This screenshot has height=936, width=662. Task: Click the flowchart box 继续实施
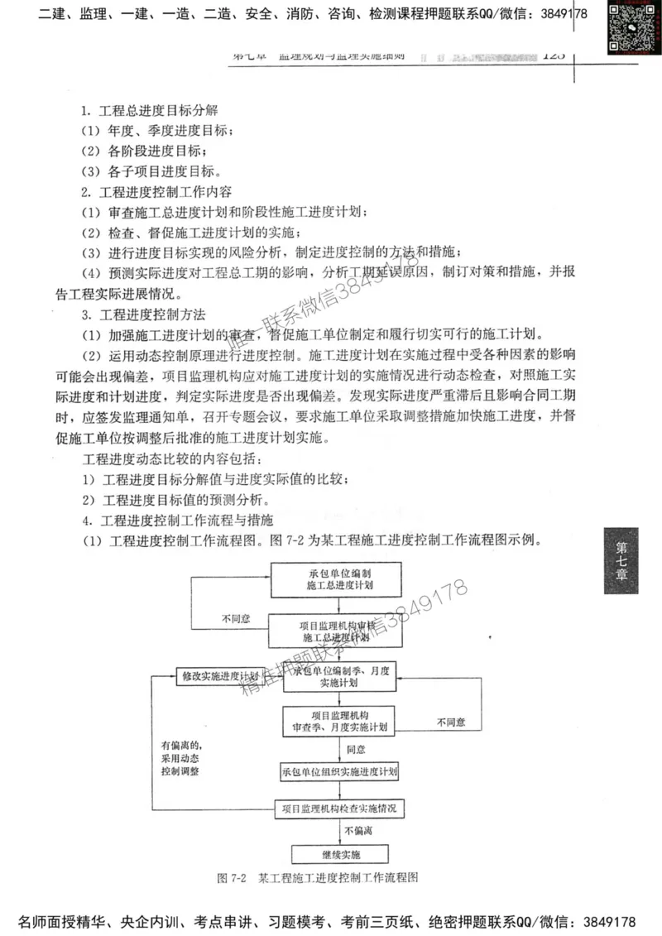point(340,852)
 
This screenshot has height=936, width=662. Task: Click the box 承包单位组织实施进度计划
point(340,771)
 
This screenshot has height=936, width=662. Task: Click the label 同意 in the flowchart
point(356,749)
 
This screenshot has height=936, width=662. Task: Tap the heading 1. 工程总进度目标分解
point(149,111)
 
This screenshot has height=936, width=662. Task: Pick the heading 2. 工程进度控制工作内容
point(149,192)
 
